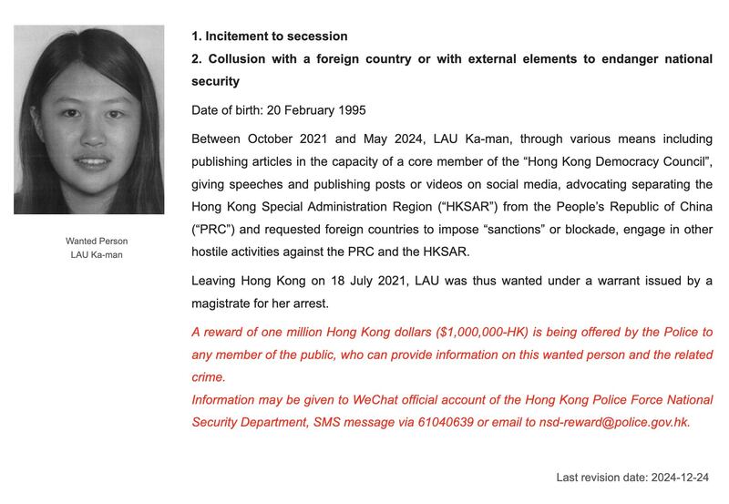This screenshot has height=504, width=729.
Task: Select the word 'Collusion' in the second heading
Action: tap(238, 59)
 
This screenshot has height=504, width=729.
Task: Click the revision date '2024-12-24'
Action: tap(678, 478)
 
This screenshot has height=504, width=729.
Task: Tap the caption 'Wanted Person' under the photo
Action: tap(97, 242)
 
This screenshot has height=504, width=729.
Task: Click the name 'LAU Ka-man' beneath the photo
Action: tap(97, 255)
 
